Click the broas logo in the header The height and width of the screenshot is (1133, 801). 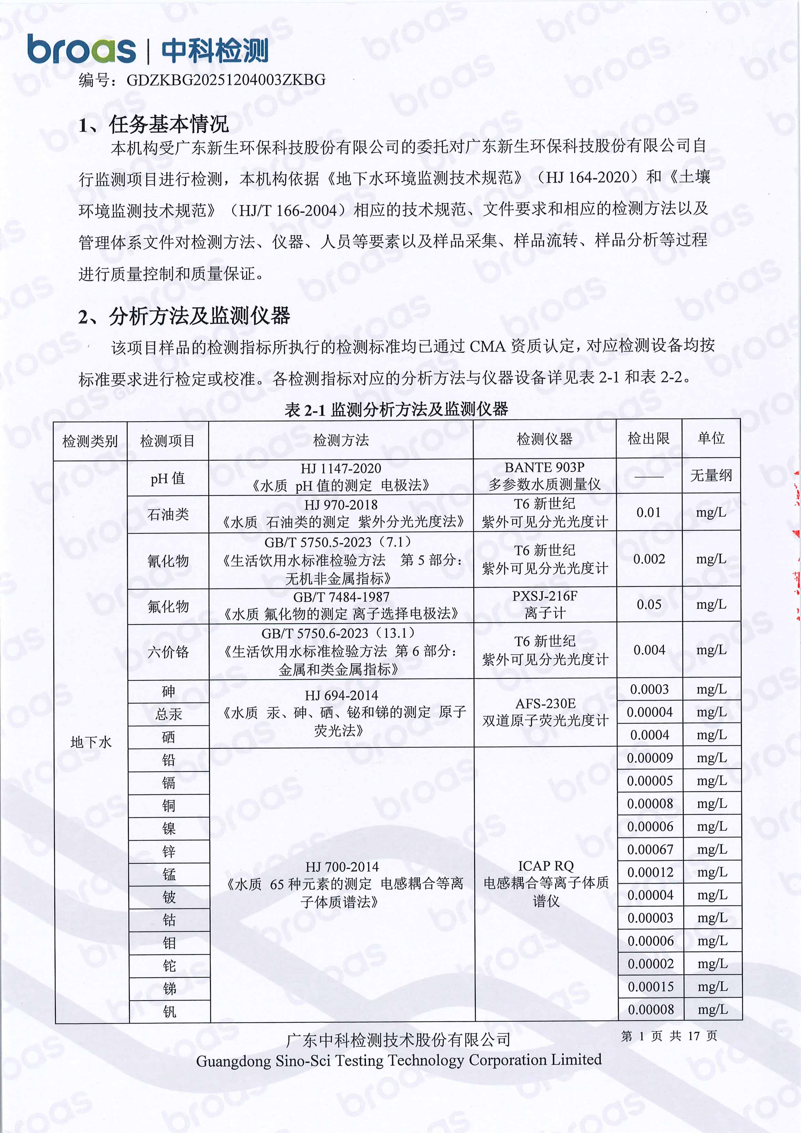(x=81, y=49)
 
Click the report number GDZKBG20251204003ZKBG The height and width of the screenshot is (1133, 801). (x=226, y=80)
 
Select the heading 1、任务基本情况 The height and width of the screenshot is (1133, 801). (x=153, y=124)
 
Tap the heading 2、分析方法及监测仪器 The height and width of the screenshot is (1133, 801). (x=184, y=316)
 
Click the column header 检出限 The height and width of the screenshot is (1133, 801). (x=649, y=438)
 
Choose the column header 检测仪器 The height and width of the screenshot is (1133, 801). (x=544, y=439)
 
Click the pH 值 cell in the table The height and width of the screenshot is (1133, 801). (x=168, y=478)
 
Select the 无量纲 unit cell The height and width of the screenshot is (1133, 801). (x=711, y=476)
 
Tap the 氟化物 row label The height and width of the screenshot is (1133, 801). (x=168, y=606)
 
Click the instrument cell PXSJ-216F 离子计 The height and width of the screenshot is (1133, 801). (x=544, y=605)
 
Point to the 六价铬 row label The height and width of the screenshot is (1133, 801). (x=168, y=652)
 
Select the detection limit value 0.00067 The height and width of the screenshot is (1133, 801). (x=650, y=849)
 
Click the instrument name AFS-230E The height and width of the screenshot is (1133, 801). (x=545, y=703)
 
